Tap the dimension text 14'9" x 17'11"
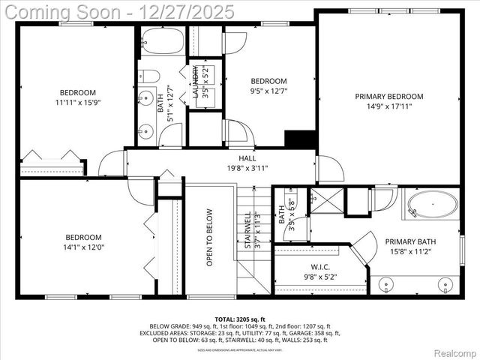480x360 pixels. (389, 106)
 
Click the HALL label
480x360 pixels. (247, 158)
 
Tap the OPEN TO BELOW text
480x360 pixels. (210, 237)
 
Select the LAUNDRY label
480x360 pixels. (196, 82)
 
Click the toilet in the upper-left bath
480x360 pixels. (149, 76)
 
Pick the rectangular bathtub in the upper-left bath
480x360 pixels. (162, 43)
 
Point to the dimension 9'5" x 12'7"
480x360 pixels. (268, 91)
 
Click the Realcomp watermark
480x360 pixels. (452, 352)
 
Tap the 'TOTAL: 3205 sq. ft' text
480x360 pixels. (240, 319)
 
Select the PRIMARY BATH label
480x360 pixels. (410, 241)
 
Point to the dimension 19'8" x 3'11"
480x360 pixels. (247, 169)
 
